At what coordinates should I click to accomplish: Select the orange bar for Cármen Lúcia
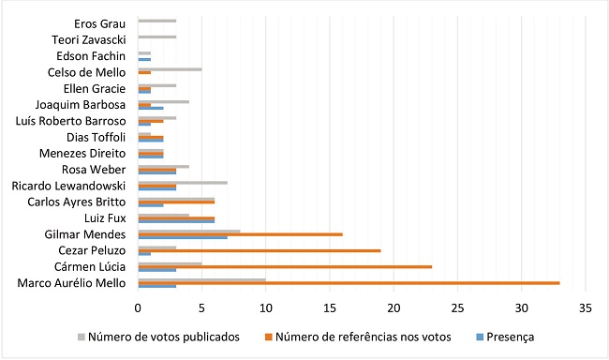pyautogui.click(x=285, y=266)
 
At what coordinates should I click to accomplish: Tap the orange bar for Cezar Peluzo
pyautogui.click(x=259, y=249)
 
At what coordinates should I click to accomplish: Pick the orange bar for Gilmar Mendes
pyautogui.click(x=240, y=232)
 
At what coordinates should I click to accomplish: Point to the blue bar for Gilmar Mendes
pyautogui.click(x=183, y=237)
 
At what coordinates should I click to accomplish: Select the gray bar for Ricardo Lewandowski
pyautogui.click(x=183, y=181)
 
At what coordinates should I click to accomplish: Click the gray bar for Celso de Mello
pyautogui.click(x=170, y=67)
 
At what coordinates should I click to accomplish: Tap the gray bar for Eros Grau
pyautogui.click(x=156, y=20)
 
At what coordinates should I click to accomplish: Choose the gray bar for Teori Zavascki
pyautogui.click(x=156, y=37)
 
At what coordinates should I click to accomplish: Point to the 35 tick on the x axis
pyautogui.click(x=586, y=306)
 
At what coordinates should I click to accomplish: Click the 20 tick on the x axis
pyautogui.click(x=394, y=306)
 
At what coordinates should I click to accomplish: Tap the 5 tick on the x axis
pyautogui.click(x=201, y=306)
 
